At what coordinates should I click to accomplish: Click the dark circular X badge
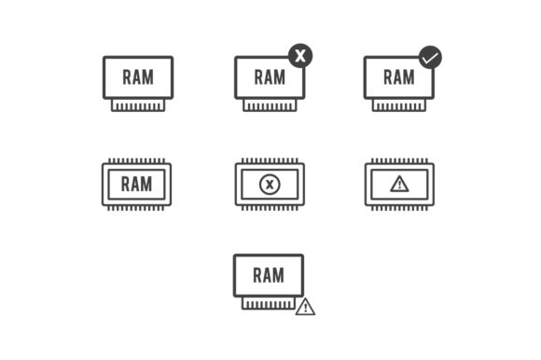299,55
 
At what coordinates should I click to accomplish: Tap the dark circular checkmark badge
430,57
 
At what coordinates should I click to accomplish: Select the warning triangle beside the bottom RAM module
305,307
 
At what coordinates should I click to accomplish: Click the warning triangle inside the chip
399,184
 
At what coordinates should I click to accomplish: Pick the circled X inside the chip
270,185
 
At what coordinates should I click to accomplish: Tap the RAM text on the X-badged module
269,77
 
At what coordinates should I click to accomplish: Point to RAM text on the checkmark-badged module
398,77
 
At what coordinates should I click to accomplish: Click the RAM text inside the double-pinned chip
136,184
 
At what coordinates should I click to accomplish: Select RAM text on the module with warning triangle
268,275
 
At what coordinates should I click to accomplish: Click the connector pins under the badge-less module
137,105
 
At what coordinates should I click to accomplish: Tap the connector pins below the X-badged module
270,105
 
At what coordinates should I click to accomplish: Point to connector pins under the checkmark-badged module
399,105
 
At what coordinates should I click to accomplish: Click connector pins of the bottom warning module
268,303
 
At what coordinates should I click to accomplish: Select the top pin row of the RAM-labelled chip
136,160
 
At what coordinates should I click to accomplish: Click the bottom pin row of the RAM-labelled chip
136,208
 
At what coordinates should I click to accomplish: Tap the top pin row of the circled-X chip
270,160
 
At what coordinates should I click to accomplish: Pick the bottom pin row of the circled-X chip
270,208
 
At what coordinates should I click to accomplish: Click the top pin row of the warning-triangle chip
399,160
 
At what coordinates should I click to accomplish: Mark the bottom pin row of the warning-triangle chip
399,208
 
